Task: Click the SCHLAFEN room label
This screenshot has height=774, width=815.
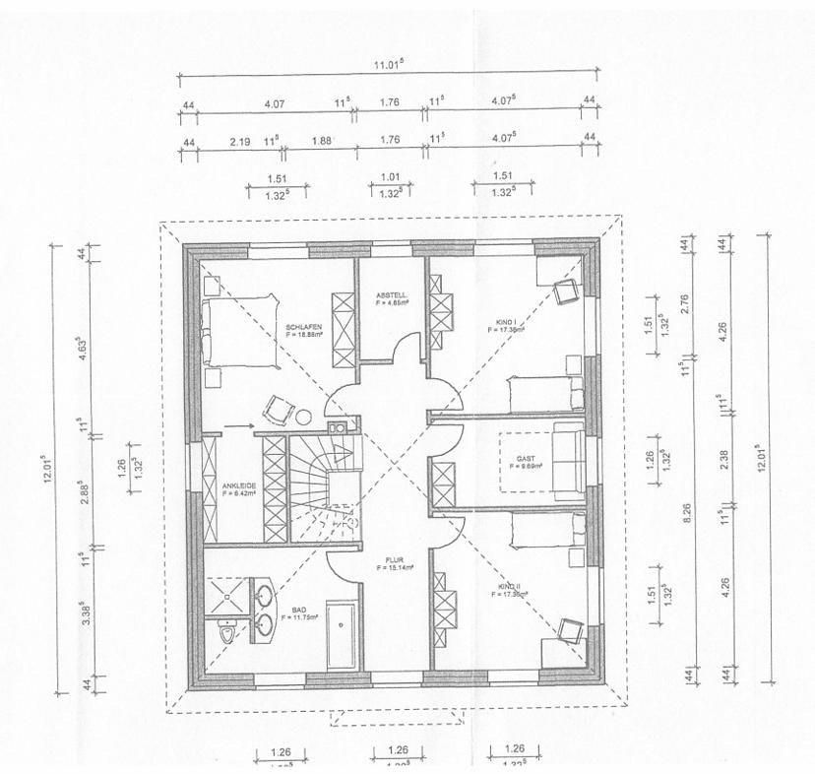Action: tap(303, 327)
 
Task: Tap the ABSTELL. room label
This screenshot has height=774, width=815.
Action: tap(391, 296)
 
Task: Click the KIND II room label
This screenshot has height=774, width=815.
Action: tap(512, 588)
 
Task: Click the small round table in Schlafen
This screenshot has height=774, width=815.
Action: tap(304, 417)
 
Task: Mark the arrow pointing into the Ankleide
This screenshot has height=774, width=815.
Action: tap(238, 425)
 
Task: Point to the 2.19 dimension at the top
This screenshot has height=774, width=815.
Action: tap(239, 141)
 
